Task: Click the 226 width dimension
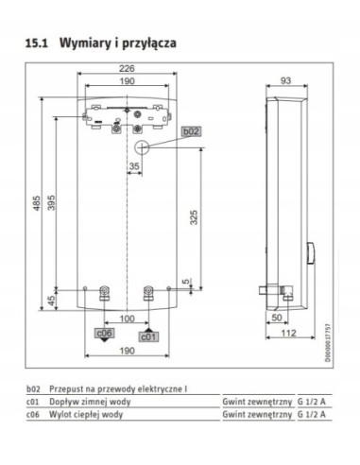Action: (127, 67)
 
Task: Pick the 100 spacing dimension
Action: (127, 319)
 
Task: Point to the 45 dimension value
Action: (53, 299)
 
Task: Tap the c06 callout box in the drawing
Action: (103, 333)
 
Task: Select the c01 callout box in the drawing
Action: (149, 335)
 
